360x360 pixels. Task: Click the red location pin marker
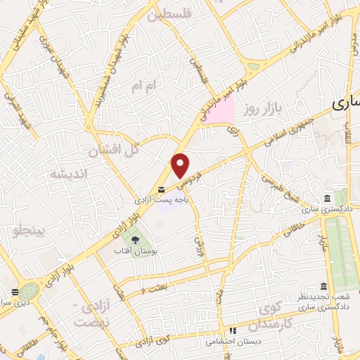(181, 166)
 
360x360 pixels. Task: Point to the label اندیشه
(69, 172)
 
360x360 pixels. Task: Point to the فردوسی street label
(191, 179)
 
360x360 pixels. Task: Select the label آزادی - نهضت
(94, 316)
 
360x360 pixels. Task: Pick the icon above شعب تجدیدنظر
(323, 286)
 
